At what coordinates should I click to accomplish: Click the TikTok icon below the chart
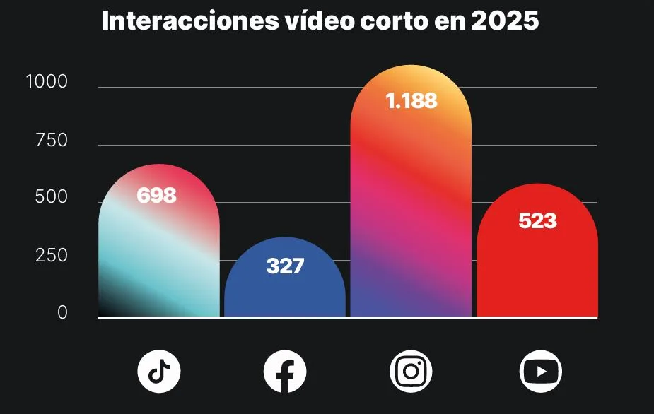pos(158,370)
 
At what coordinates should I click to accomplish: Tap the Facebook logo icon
pos(285,371)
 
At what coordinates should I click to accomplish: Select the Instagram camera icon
pos(411,371)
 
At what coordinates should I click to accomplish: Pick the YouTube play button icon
pos(540,371)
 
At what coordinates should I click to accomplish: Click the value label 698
pos(156,196)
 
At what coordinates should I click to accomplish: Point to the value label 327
pos(285,266)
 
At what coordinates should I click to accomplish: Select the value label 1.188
pos(411,101)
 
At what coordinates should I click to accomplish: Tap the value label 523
pos(537,221)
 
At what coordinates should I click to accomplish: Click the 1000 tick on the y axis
pos(47,83)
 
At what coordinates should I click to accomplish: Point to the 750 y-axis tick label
pos(52,141)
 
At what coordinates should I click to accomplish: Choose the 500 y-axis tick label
pos(52,198)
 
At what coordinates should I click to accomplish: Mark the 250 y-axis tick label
pos(52,256)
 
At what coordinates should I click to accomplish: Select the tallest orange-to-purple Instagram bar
pos(411,212)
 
